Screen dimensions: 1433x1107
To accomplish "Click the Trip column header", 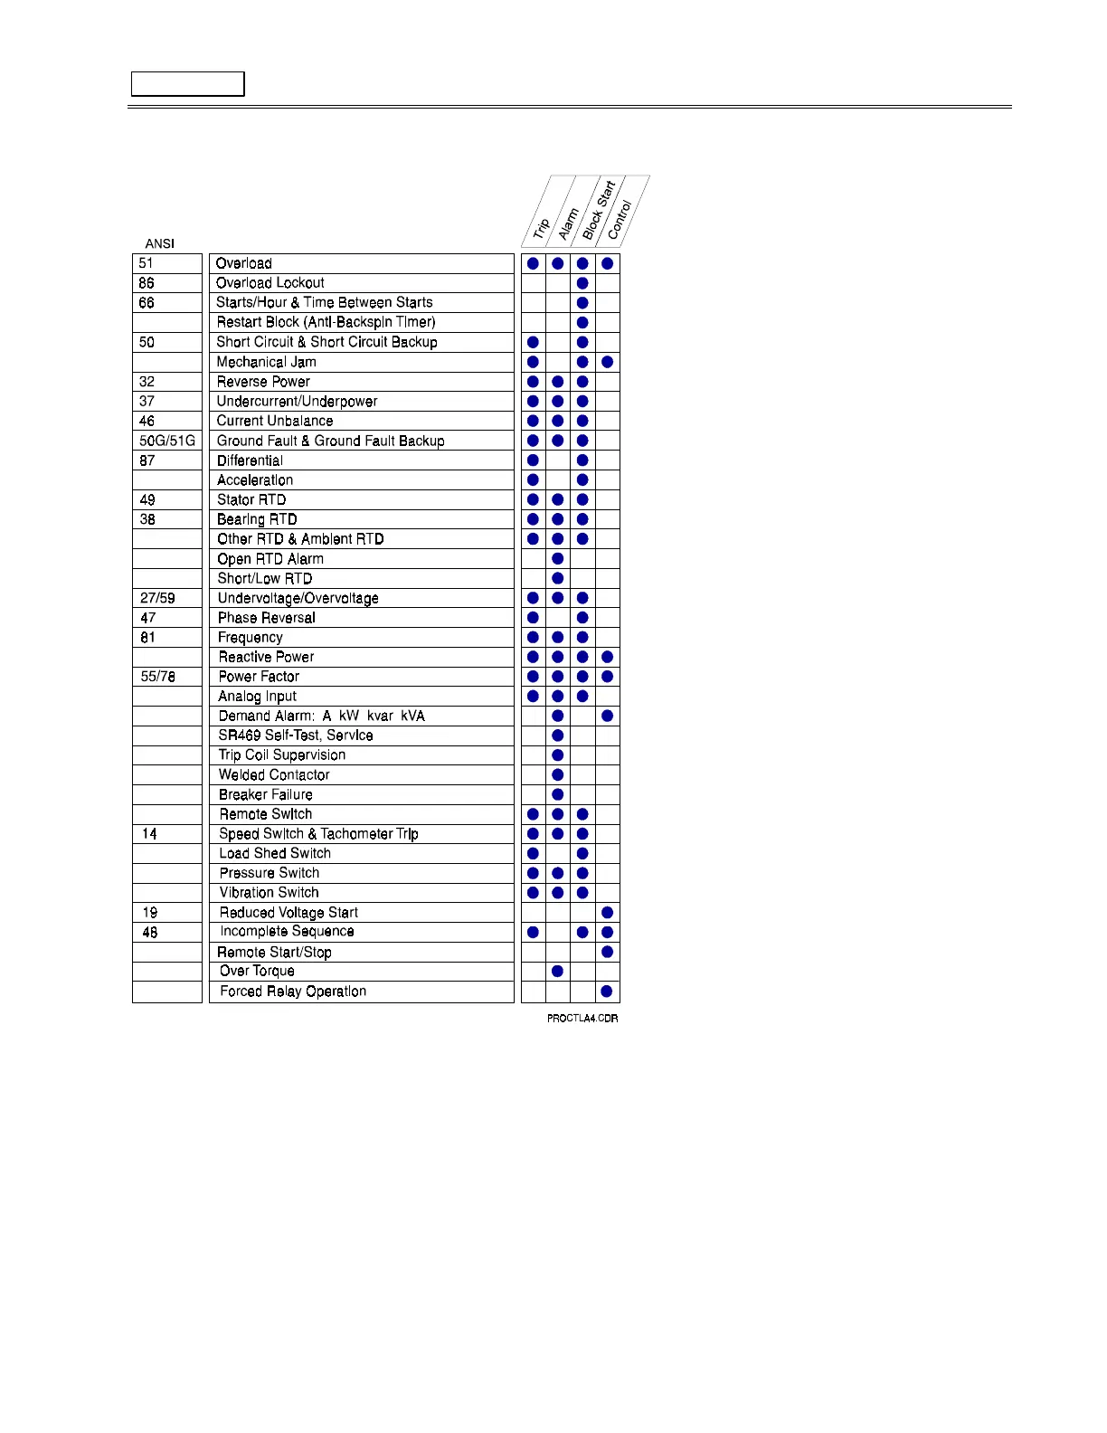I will click(x=541, y=229).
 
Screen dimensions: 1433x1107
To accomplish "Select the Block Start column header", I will click(x=598, y=210).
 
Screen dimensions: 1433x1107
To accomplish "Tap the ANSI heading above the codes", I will click(x=159, y=243).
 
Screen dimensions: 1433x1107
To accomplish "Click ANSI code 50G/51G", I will click(x=167, y=441).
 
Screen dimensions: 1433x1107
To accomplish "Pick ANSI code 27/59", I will click(x=157, y=598).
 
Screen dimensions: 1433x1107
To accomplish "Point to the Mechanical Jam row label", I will click(x=266, y=362).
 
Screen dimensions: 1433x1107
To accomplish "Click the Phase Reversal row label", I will click(x=266, y=618).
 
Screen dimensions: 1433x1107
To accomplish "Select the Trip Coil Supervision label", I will click(x=282, y=755).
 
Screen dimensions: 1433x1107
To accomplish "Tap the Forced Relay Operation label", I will click(x=293, y=992).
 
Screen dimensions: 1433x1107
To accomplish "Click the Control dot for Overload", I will click(x=608, y=263).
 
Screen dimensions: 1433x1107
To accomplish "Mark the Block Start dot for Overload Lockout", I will click(x=582, y=283).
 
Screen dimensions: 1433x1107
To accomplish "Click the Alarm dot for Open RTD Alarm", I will click(x=558, y=559).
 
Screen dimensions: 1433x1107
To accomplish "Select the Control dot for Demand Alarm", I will click(x=608, y=716).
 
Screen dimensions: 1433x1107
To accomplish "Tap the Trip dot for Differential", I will click(x=534, y=460).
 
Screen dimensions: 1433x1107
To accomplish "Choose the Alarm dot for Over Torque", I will click(x=558, y=972).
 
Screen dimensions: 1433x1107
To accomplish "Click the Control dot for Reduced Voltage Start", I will click(x=608, y=913).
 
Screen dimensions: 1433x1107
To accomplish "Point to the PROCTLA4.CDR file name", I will click(x=582, y=1019).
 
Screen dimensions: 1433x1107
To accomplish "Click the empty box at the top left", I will click(x=188, y=84).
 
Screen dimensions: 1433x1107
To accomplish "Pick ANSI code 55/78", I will click(x=158, y=677).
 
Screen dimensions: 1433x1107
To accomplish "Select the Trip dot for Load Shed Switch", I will click(x=534, y=853).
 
